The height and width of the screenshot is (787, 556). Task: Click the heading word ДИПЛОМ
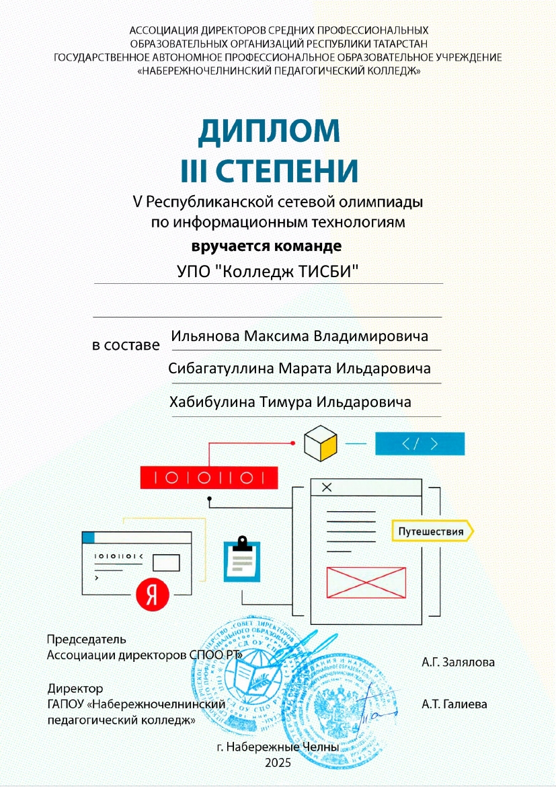(x=269, y=131)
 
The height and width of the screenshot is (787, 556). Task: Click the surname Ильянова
(x=204, y=335)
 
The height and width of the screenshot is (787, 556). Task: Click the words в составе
(x=126, y=346)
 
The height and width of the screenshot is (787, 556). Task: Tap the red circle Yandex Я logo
(x=153, y=593)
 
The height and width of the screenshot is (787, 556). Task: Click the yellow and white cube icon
(x=320, y=444)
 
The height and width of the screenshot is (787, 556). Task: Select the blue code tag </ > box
(x=420, y=444)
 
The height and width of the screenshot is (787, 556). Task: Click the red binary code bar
(x=209, y=478)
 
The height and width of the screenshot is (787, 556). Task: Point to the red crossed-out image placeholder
(x=366, y=582)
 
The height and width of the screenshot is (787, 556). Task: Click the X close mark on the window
(x=327, y=487)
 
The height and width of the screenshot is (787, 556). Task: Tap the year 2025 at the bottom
(x=278, y=762)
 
